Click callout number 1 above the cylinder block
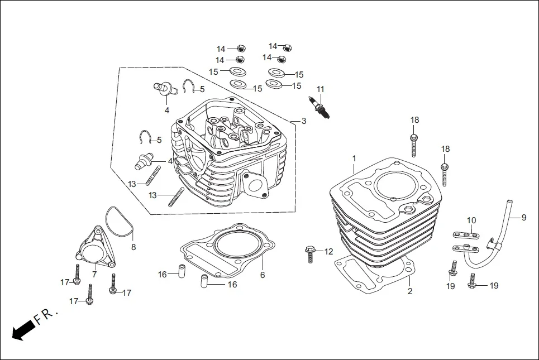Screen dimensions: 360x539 coord(354,159)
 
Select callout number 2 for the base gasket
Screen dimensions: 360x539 coord(409,291)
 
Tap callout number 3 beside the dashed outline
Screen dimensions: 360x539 coord(303,121)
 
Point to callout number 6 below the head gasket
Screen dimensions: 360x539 coord(262,275)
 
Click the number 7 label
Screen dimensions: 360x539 coord(94,275)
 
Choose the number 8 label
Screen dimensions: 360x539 coord(133,247)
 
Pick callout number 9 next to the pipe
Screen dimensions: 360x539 coord(523,218)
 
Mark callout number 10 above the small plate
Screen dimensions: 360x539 coord(471,220)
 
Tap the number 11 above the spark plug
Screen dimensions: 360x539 coord(320,89)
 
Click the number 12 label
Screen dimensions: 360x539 coord(328,252)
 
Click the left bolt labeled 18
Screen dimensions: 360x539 coord(414,143)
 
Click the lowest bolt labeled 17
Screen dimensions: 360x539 coord(89,296)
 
